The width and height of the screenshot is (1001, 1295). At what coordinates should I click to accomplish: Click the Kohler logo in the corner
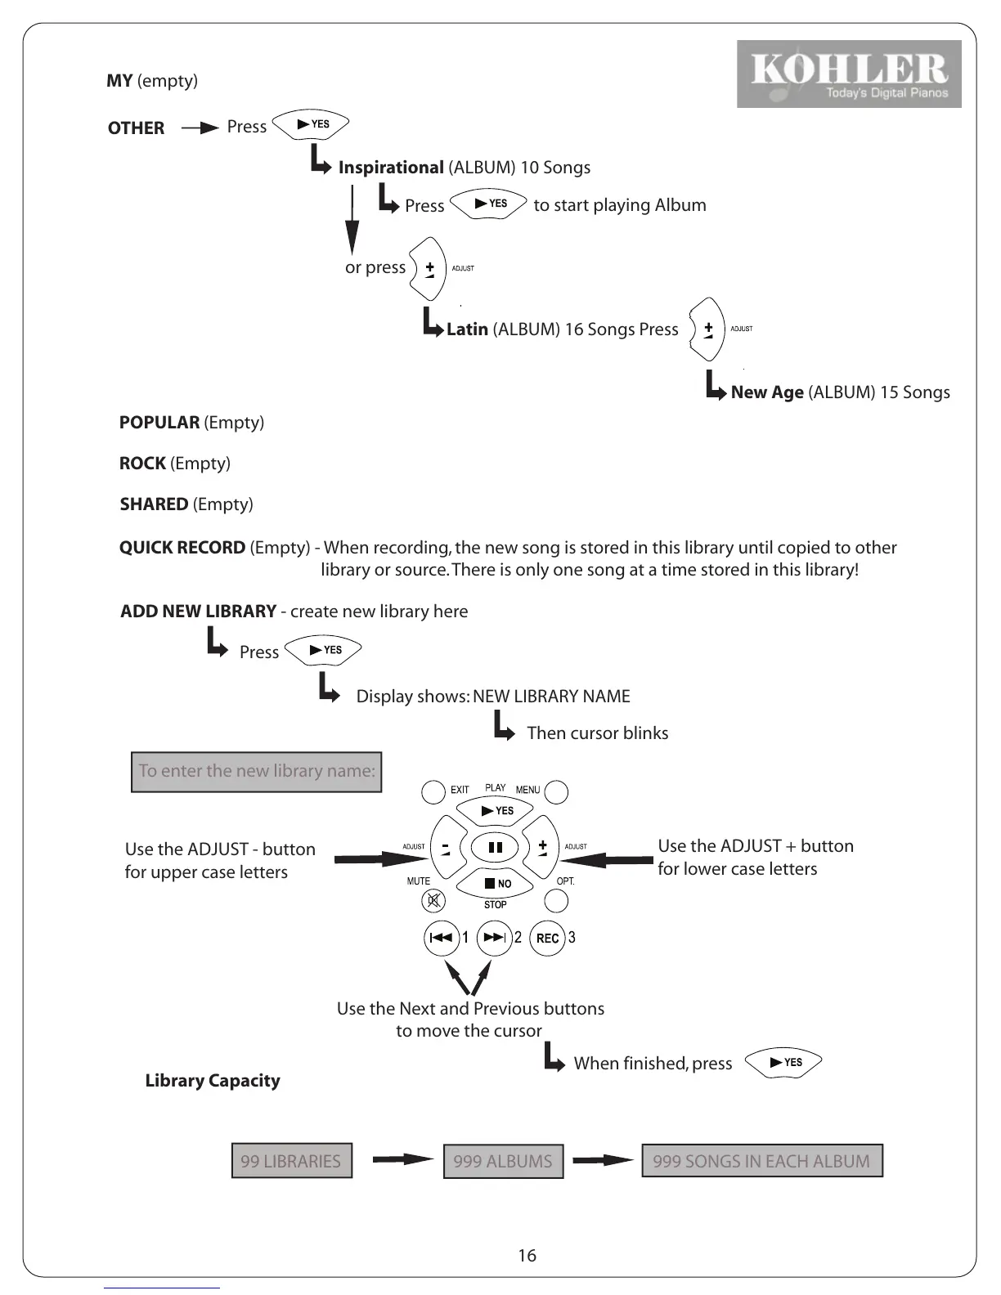848,74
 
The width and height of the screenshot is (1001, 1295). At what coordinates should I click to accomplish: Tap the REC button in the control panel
547,938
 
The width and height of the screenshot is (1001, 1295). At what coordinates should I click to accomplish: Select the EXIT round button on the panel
433,791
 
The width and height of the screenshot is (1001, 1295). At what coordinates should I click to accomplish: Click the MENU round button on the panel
556,791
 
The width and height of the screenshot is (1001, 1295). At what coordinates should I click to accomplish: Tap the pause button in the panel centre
495,847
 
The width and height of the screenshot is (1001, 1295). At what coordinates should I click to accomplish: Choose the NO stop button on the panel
496,883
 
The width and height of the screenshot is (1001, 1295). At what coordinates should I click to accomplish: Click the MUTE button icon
433,901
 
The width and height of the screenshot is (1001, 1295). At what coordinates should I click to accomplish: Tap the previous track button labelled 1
442,938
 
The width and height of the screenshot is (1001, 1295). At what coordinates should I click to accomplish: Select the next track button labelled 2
494,938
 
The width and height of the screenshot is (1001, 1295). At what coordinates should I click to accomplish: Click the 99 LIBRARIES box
291,1161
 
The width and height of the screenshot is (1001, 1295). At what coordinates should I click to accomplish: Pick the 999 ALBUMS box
503,1161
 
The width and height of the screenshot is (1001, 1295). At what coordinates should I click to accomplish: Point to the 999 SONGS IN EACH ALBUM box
761,1161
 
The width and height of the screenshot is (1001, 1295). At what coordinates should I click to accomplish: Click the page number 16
527,1256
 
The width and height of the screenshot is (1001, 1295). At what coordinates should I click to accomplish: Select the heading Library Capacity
213,1081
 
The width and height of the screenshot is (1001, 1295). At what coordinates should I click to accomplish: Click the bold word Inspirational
391,168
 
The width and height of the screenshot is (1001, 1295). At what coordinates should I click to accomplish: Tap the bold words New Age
767,392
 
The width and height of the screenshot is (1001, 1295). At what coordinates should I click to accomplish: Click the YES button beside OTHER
311,124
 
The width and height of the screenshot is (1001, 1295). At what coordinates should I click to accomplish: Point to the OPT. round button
556,901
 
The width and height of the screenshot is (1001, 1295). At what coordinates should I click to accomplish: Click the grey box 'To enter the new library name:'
257,771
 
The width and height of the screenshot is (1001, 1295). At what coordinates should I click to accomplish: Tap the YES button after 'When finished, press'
784,1062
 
